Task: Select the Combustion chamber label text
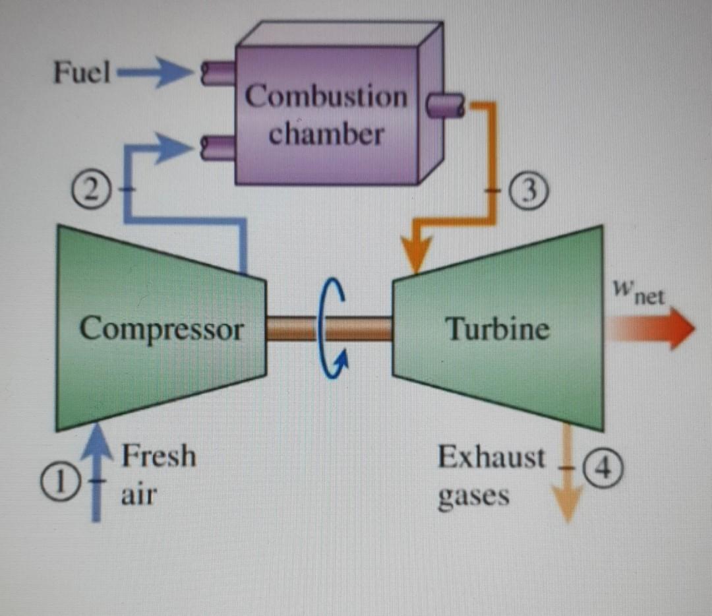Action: pyautogui.click(x=326, y=115)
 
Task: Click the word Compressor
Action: pyautogui.click(x=162, y=328)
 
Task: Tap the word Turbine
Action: pyautogui.click(x=497, y=328)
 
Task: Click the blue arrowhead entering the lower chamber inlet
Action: pyautogui.click(x=178, y=146)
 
